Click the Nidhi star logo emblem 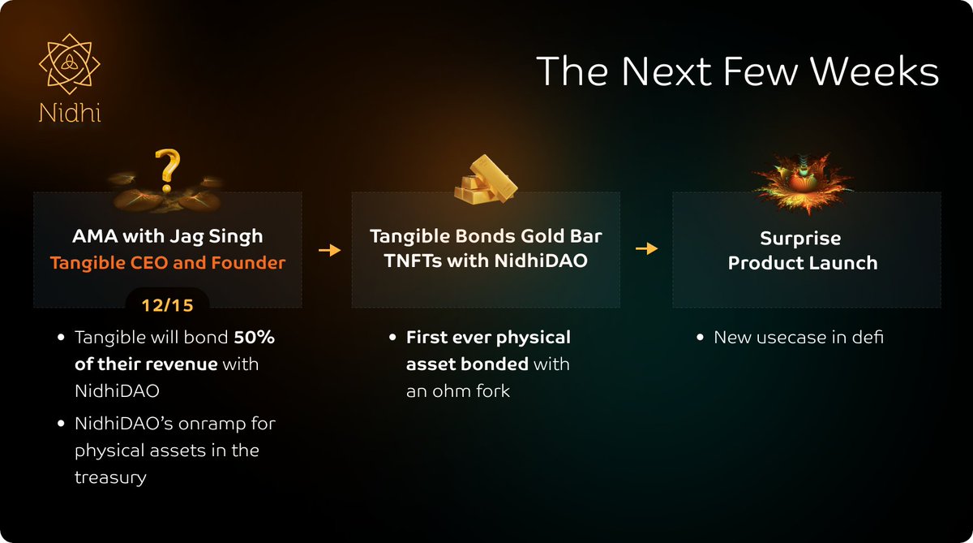[x=70, y=64]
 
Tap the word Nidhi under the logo [x=70, y=113]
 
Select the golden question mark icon [x=167, y=170]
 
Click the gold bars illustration [x=486, y=179]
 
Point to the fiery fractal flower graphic [x=803, y=183]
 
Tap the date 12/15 [x=168, y=305]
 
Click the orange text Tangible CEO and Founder [x=168, y=263]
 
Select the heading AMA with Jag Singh [x=168, y=236]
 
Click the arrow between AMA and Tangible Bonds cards [x=330, y=250]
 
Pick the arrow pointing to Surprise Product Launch [x=647, y=248]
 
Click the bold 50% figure [x=254, y=338]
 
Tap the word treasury [x=110, y=477]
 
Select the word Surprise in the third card [x=800, y=239]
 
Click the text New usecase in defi [x=799, y=338]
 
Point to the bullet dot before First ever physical [x=392, y=338]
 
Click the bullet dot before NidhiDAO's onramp [x=61, y=424]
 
